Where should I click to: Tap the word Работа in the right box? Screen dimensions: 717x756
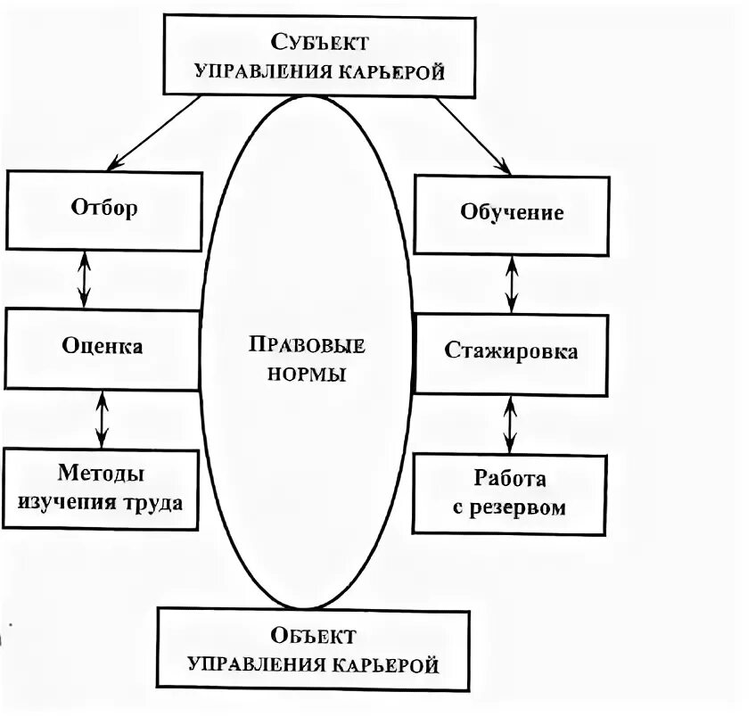click(509, 479)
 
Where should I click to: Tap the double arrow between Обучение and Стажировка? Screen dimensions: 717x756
click(511, 284)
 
